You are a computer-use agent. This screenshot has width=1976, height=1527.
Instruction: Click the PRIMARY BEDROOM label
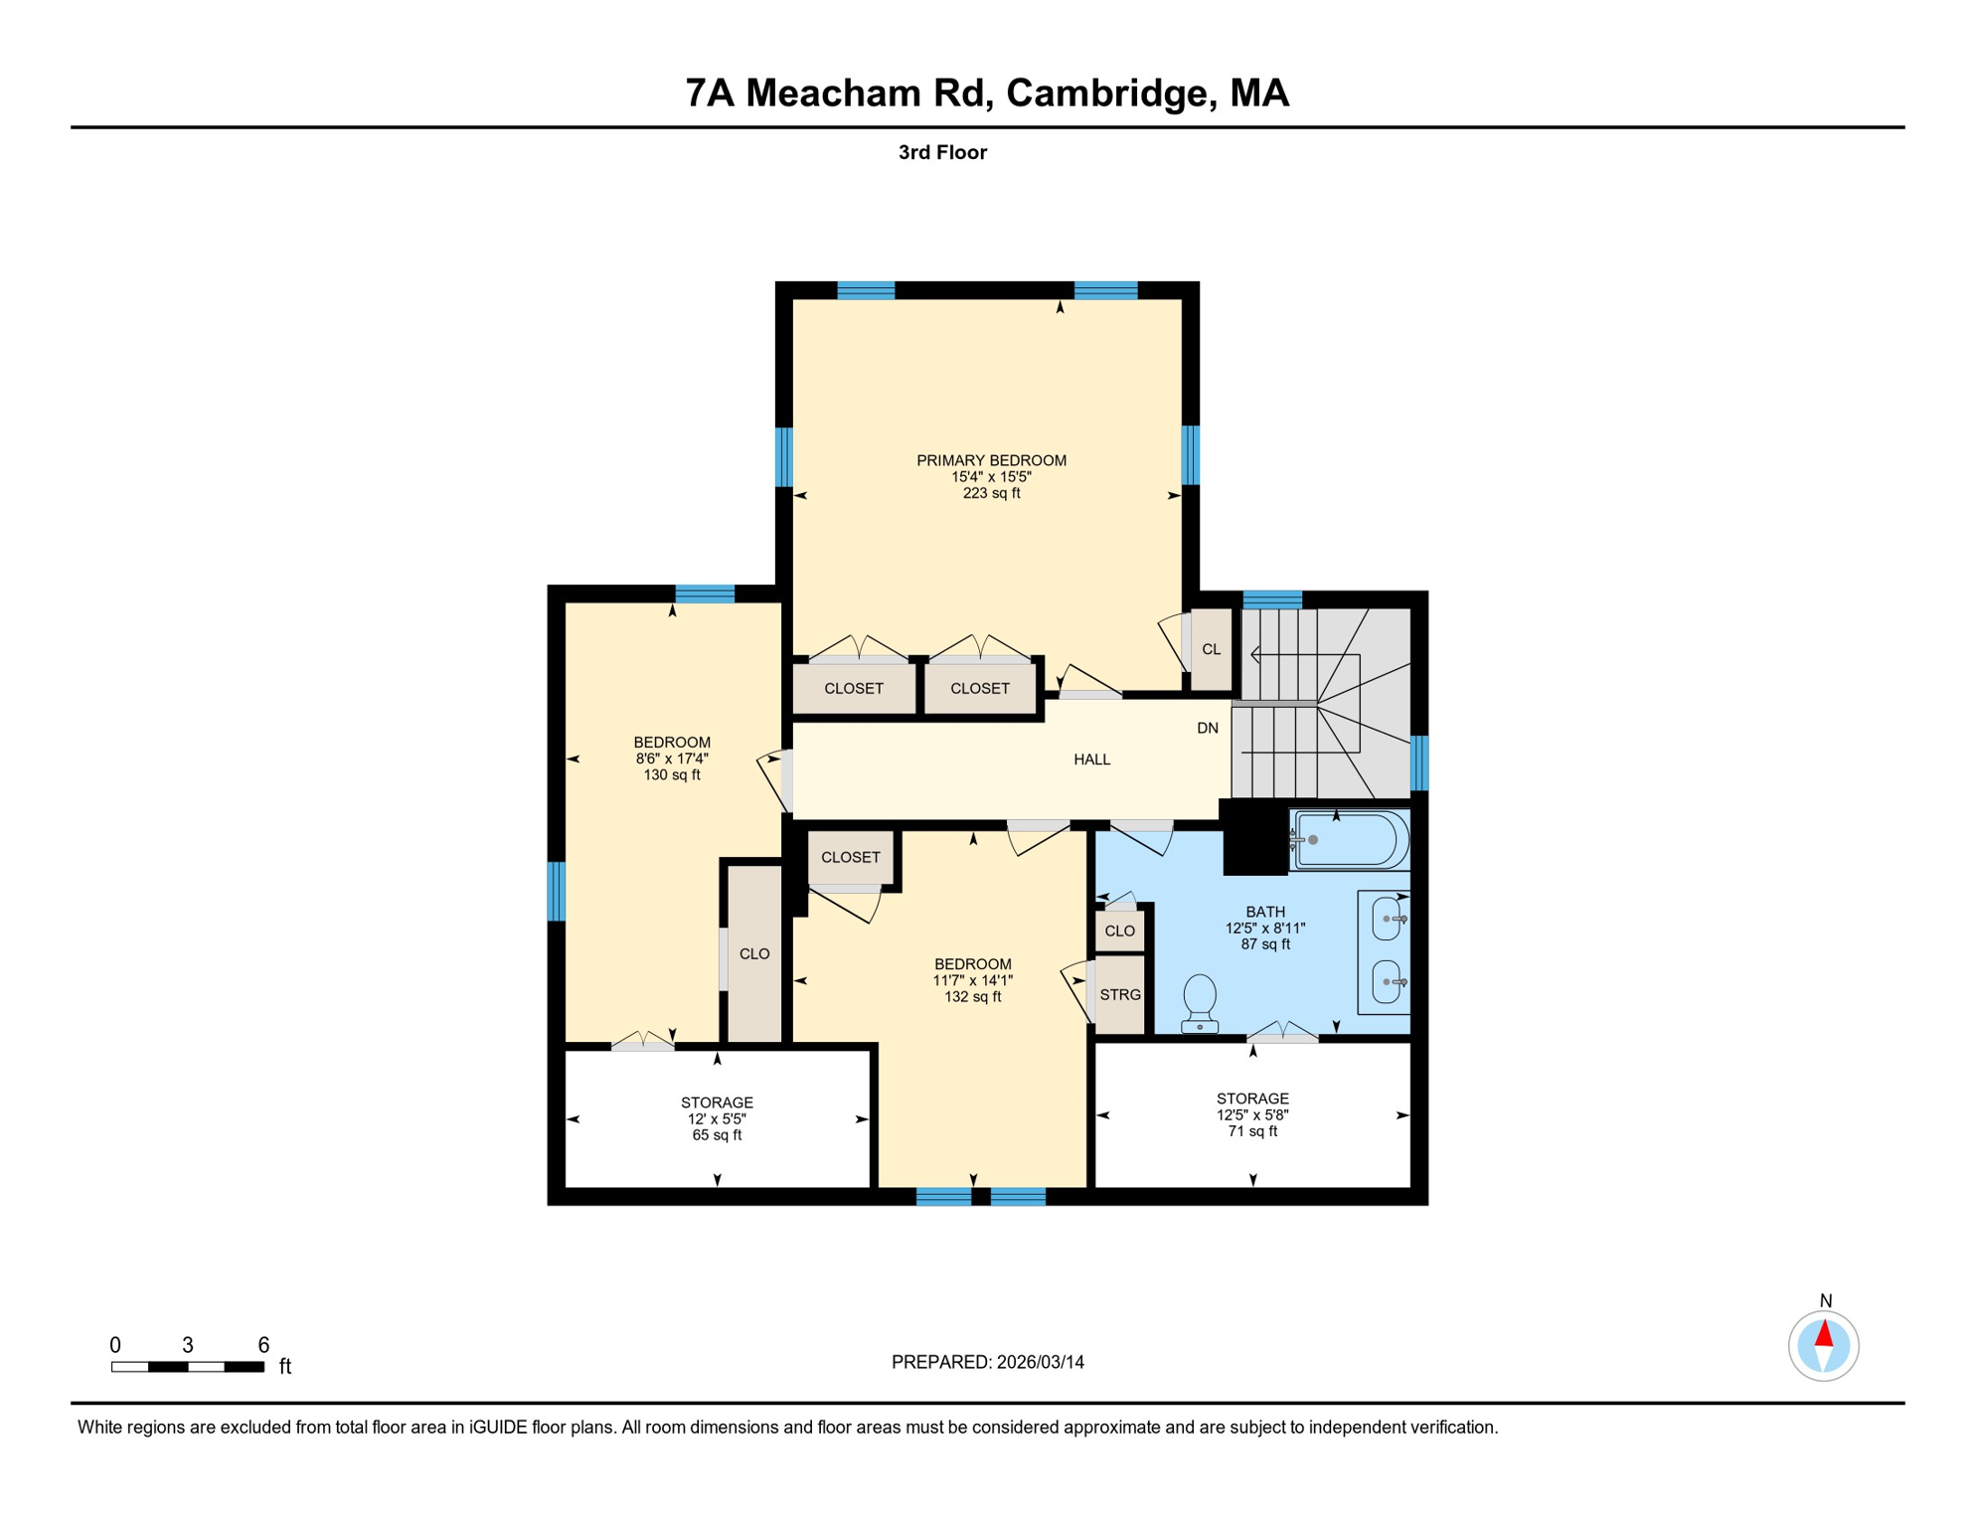(x=991, y=460)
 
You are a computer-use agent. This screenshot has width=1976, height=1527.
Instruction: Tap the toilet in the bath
(x=1200, y=1001)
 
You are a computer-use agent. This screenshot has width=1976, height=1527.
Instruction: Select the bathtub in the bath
(x=1351, y=841)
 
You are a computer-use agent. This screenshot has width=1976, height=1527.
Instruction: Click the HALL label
(x=1091, y=760)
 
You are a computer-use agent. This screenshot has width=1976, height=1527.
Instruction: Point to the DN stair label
(x=1207, y=728)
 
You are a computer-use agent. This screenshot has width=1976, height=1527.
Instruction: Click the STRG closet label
(x=1120, y=994)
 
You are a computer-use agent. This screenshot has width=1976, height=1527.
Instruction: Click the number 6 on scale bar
(x=263, y=1345)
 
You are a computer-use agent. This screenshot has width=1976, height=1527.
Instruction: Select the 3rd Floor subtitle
(x=941, y=152)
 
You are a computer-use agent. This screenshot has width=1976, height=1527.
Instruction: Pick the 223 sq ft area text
(x=991, y=493)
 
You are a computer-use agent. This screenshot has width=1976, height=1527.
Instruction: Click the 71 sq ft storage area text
(x=1252, y=1131)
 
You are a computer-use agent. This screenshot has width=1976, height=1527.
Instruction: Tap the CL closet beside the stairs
(x=1211, y=649)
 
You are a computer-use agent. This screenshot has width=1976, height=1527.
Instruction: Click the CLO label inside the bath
(x=1119, y=932)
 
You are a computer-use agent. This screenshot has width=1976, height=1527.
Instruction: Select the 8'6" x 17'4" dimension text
(x=672, y=759)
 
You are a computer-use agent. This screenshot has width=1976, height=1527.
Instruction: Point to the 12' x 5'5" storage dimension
(x=717, y=1118)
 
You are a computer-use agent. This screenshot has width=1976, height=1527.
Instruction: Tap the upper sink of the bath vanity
(x=1387, y=919)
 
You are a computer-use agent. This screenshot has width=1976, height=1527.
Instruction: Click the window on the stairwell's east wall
(x=1419, y=763)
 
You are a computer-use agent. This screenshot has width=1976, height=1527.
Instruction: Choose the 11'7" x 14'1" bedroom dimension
(x=972, y=980)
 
